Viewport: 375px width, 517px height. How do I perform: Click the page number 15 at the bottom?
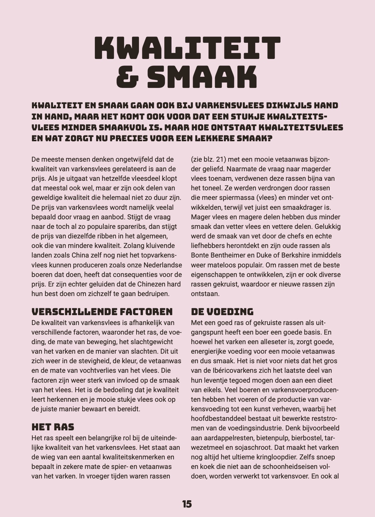(187, 504)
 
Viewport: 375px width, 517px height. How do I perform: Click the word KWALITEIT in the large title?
(187, 48)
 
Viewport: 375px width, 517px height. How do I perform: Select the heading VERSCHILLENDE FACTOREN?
(102, 312)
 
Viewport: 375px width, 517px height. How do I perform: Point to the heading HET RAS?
(53, 427)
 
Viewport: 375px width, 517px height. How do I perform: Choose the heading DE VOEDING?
(222, 312)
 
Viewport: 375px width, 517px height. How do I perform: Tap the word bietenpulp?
(273, 438)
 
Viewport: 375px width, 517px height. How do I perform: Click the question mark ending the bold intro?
(270, 139)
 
